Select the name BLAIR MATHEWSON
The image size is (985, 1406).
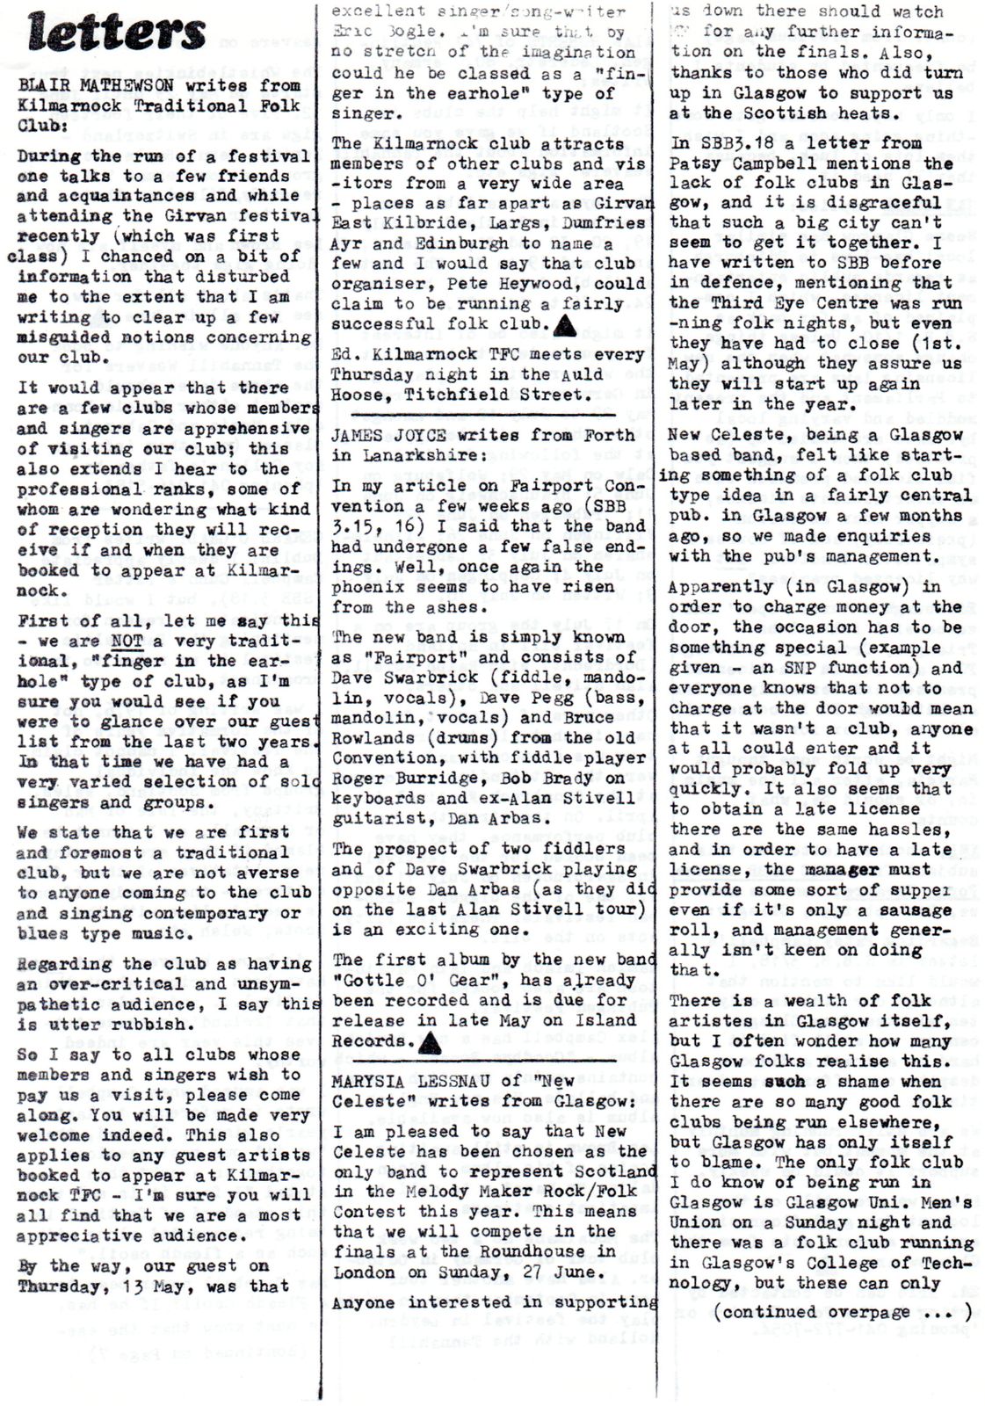click(x=91, y=85)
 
